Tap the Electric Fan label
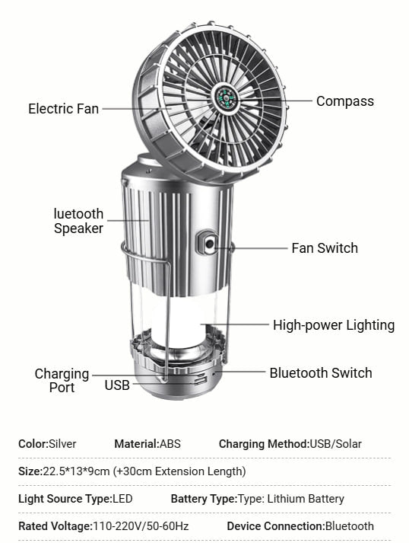coord(64,109)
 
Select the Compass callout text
coord(345,101)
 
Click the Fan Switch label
coord(325,248)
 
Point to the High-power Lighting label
coord(334,325)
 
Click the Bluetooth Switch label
coord(321,373)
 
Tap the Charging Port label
coord(62,381)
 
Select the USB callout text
coord(117,385)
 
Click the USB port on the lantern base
coord(200,381)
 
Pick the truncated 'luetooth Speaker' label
coord(78,222)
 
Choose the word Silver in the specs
coord(62,444)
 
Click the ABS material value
coord(170,444)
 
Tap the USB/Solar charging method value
coord(335,444)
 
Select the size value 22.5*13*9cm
coord(76,471)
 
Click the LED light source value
coord(122,499)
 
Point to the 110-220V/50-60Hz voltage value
coord(141,526)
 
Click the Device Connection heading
coord(276,526)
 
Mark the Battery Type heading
coord(204,499)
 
